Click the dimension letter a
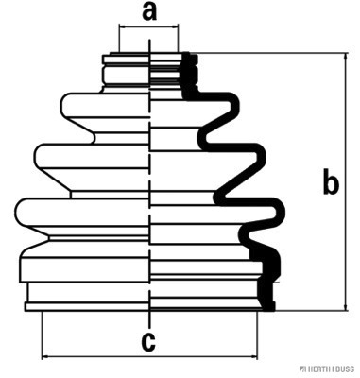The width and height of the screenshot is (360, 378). click(149, 12)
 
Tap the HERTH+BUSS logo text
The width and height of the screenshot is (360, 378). click(328, 369)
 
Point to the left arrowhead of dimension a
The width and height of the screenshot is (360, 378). click(123, 27)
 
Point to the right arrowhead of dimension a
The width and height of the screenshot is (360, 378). click(175, 27)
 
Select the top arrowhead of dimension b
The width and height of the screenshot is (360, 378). click(346, 57)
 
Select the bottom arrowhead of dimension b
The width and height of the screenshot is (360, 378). click(346, 307)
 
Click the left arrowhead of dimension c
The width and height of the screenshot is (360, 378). click(45, 356)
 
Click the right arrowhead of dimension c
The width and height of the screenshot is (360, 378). click(253, 356)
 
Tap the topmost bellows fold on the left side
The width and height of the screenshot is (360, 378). click(105, 105)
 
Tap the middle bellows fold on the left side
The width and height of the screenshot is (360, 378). click(92, 157)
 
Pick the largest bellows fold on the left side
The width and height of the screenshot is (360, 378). click(82, 212)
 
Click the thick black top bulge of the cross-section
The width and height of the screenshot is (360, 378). click(232, 106)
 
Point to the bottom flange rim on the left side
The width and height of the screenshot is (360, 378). click(87, 307)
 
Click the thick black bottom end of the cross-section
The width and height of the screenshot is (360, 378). click(268, 306)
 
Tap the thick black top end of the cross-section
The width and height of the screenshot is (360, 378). click(188, 58)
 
